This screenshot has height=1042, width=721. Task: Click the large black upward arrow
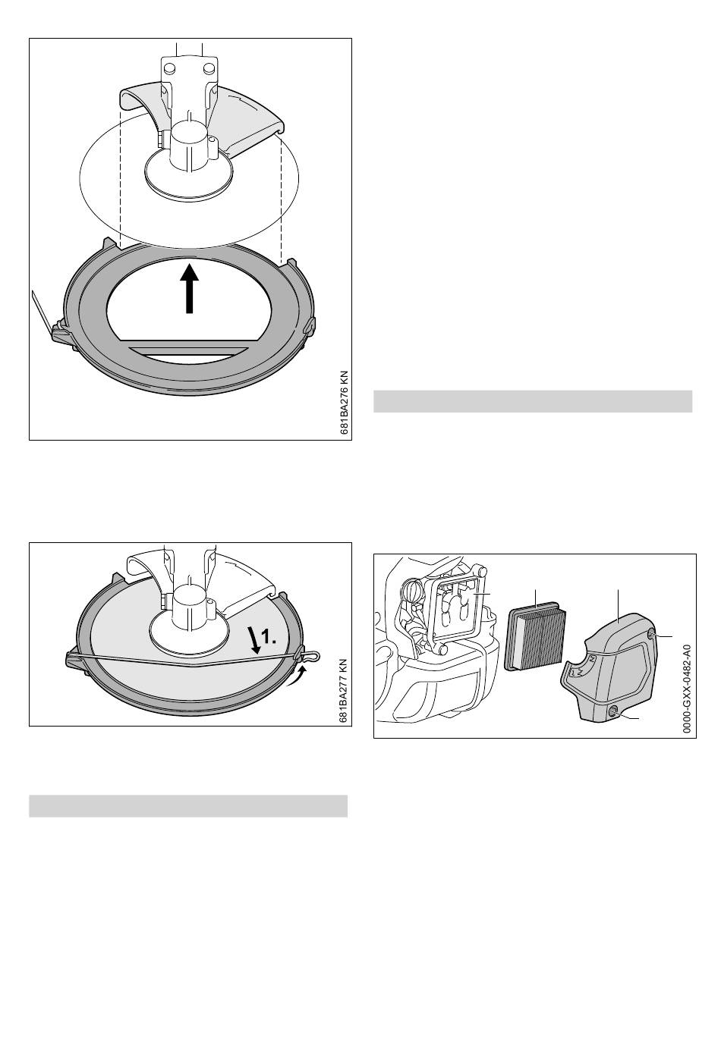(189, 289)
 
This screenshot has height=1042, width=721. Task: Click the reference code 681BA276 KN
(345, 403)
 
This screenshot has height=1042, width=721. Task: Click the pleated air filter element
(536, 637)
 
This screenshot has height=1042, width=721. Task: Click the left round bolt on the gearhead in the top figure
(169, 68)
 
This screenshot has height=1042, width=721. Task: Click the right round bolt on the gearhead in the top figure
(209, 68)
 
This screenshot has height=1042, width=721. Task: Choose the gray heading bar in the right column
(533, 401)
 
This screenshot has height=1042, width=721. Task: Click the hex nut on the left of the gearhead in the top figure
(161, 139)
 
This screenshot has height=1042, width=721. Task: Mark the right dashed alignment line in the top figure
(281, 199)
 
